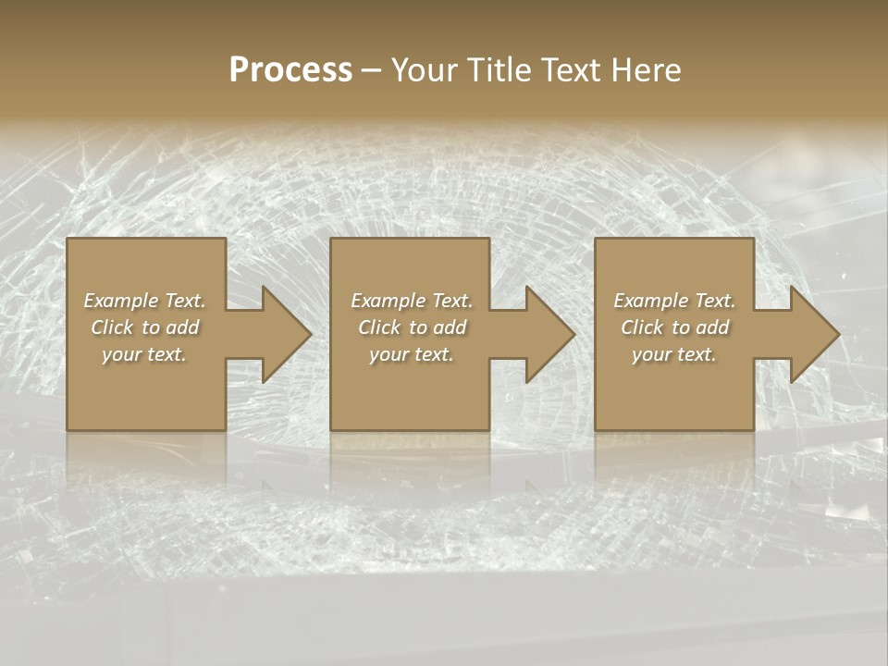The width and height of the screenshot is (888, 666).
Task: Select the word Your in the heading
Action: [425, 70]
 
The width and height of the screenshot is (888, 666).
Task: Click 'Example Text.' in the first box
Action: [144, 301]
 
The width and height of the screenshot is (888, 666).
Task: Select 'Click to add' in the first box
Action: [144, 327]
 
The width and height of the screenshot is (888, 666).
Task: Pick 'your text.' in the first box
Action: [144, 354]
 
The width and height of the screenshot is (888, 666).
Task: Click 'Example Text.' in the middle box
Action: [411, 301]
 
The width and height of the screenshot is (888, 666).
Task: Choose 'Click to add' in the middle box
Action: [411, 327]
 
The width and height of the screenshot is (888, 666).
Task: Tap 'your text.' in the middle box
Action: [411, 354]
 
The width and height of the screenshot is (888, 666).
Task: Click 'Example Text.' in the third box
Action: [674, 301]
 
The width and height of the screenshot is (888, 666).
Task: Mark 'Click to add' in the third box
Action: [674, 327]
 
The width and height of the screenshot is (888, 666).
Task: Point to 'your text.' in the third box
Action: [674, 354]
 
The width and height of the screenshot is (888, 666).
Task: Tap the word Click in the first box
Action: [112, 327]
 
